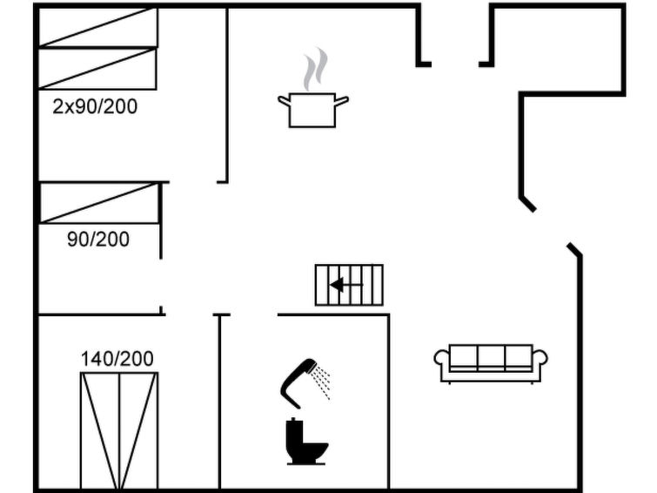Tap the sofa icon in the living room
491,364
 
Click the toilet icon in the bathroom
306,442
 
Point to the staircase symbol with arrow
349,285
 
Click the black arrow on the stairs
346,286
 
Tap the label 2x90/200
95,106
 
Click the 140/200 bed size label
117,359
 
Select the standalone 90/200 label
98,240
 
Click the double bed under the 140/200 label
119,430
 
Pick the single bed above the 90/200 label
100,202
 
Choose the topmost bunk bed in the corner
98,27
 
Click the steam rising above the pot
316,69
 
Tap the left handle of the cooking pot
284,101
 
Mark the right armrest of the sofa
540,357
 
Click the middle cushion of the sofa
491,356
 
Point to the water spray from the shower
323,382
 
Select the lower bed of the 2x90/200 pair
97,69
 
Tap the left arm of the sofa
442,357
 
